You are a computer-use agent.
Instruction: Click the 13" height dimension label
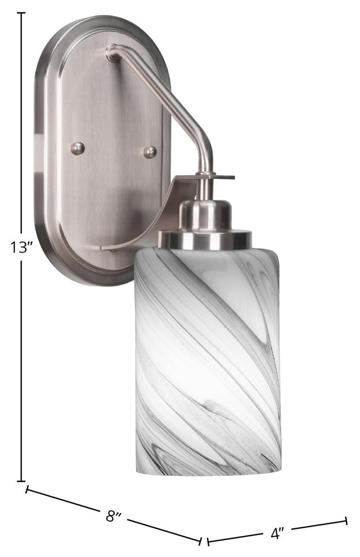click(21, 247)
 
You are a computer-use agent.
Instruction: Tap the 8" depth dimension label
click(114, 516)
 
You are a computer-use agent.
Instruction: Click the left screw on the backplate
click(78, 148)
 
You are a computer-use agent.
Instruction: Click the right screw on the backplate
click(150, 152)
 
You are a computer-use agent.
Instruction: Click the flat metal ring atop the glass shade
click(205, 239)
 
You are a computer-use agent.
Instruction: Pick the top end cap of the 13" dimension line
click(21, 13)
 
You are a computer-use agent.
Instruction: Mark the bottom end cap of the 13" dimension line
click(21, 481)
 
